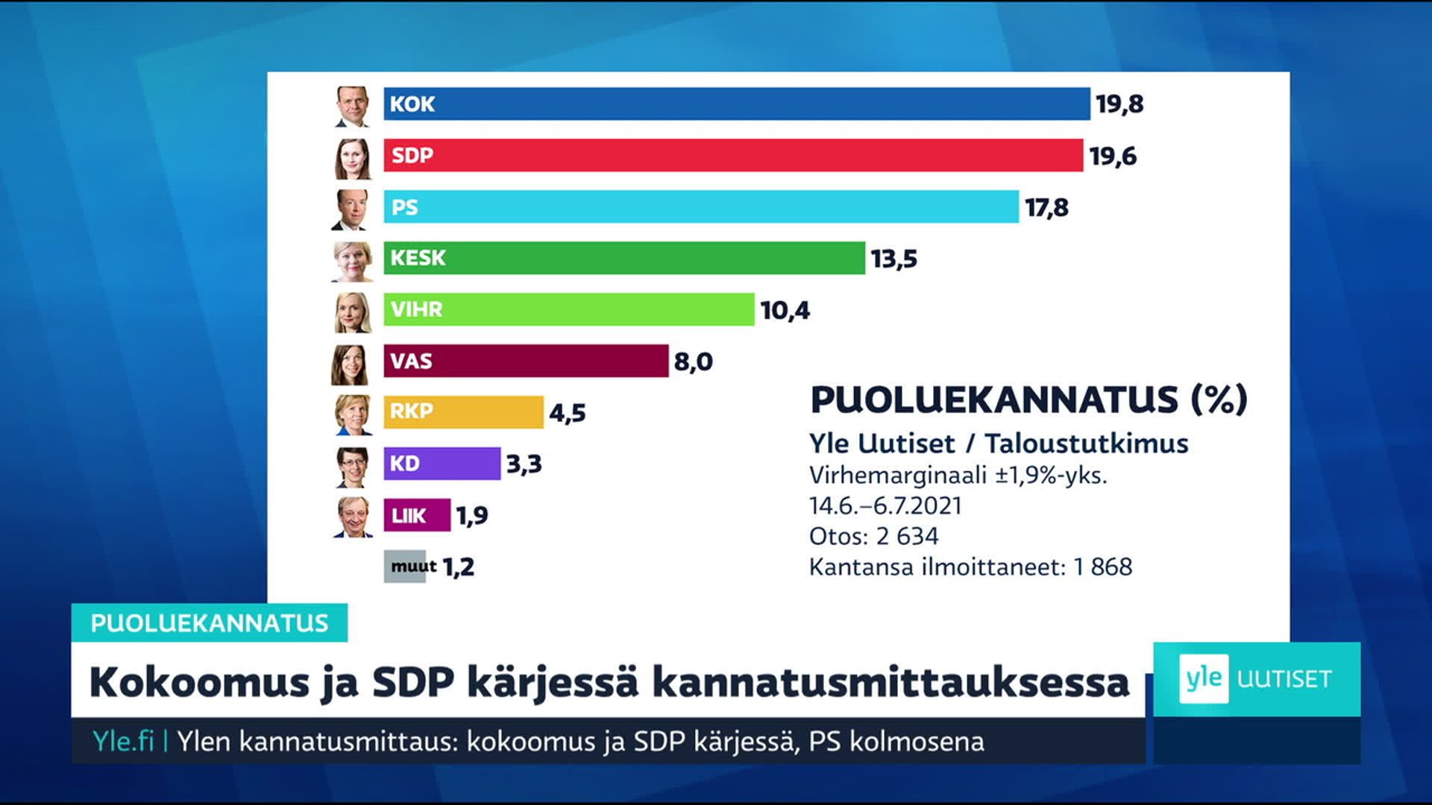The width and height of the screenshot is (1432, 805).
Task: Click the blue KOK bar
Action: tap(736, 104)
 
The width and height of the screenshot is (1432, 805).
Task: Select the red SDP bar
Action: tap(733, 155)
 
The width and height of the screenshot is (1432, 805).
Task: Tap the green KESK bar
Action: tap(624, 258)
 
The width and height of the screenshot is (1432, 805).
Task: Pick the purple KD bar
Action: tap(442, 464)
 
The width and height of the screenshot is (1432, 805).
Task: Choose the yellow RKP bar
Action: tap(463, 412)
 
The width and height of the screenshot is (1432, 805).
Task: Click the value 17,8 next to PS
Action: tap(1046, 207)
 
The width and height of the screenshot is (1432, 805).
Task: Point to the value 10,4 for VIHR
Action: tap(785, 310)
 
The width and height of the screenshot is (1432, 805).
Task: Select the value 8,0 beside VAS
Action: tap(693, 362)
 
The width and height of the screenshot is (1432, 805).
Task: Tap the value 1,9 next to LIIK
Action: tap(472, 515)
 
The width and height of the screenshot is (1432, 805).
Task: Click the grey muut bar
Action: tap(405, 566)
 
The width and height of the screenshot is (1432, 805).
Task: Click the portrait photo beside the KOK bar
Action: tap(352, 106)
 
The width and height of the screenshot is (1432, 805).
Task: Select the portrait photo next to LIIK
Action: tap(353, 517)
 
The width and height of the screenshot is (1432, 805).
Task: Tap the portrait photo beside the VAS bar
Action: tap(351, 364)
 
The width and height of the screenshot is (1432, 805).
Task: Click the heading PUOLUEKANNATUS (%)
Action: tap(1029, 400)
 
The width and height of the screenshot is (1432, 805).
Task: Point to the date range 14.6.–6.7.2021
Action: tap(885, 506)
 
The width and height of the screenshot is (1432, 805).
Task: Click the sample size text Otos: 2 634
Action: tap(873, 536)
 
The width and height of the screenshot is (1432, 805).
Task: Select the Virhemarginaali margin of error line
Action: tap(958, 475)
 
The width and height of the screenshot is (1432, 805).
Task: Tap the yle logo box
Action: tap(1203, 678)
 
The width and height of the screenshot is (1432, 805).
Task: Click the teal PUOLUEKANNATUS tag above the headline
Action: tap(210, 622)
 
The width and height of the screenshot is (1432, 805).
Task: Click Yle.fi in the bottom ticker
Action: tap(123, 741)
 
